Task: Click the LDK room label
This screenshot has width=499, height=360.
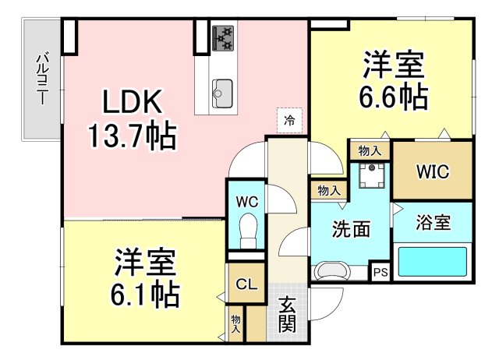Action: [x=133, y=102]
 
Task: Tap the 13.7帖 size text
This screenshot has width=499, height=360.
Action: [x=132, y=135]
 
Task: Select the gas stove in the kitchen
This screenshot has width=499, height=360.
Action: [x=223, y=38]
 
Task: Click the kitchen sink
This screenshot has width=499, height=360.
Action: [x=222, y=93]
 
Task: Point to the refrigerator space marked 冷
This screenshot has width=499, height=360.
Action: [x=289, y=121]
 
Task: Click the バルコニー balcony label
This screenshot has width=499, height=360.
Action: [x=42, y=79]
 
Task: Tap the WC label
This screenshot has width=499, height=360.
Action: [x=247, y=202]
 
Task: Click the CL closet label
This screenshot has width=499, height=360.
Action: [x=246, y=284]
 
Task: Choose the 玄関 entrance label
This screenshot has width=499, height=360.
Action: [x=288, y=315]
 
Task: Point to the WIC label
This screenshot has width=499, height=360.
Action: [x=433, y=171]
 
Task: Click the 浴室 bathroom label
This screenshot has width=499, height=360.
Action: [x=434, y=223]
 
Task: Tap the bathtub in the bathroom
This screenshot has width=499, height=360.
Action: [x=433, y=262]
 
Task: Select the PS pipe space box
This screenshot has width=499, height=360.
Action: [x=380, y=272]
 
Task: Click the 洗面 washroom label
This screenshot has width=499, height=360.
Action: [x=351, y=229]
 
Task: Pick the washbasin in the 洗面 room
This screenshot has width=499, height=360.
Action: [x=331, y=272]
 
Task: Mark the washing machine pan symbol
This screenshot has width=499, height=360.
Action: [x=371, y=176]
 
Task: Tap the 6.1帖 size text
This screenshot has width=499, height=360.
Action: [x=145, y=295]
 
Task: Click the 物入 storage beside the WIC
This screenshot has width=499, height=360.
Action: [x=370, y=150]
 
